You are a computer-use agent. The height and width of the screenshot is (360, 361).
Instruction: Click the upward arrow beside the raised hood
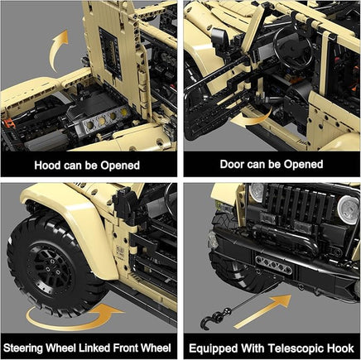(59, 50)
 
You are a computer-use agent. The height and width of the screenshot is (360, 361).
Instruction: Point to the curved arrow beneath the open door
(252, 118)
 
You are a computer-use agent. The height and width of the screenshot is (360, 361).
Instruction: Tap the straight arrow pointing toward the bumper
(262, 311)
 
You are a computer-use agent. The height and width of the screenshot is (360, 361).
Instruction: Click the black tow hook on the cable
(209, 320)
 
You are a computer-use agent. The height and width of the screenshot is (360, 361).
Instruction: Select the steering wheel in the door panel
(293, 49)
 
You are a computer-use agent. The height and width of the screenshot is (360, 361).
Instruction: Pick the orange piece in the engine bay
(9, 122)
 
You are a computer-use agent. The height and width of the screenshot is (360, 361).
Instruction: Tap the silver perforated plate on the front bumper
(273, 265)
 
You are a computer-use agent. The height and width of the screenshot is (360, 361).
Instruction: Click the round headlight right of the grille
(349, 210)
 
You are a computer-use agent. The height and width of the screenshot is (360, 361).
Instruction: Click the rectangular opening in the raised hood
(110, 53)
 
